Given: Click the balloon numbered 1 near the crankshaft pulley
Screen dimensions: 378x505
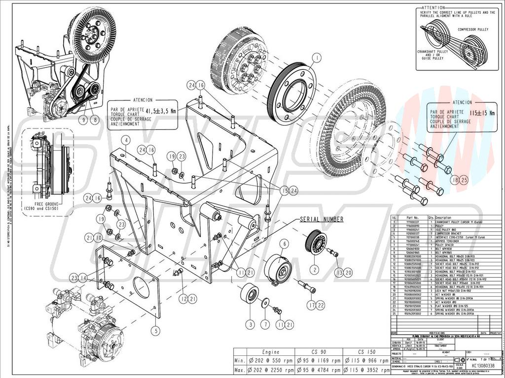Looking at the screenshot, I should (316, 58).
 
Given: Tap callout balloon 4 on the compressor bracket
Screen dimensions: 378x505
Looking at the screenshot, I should (126, 141).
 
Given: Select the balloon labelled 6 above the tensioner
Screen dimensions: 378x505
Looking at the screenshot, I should (285, 243).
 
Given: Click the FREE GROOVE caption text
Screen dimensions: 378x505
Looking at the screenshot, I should (42, 203).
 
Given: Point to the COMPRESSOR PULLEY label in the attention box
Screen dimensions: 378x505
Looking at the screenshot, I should (474, 30).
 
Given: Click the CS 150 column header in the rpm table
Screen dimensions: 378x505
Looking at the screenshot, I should (365, 352).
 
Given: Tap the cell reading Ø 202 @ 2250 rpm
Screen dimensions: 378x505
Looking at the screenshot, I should (272, 369).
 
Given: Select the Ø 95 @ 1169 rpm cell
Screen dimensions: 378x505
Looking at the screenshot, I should (319, 360).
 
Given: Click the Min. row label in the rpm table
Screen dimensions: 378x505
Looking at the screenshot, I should (240, 360).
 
